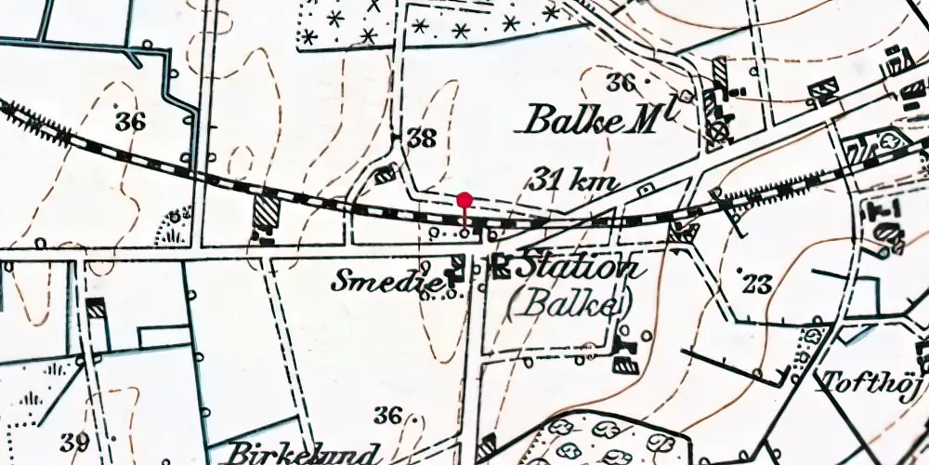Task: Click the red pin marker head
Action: (464, 200)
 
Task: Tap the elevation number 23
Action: (757, 284)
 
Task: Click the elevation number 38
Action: (421, 139)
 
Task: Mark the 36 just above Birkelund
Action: (389, 416)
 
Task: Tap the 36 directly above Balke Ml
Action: (621, 82)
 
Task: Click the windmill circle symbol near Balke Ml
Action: (716, 132)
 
